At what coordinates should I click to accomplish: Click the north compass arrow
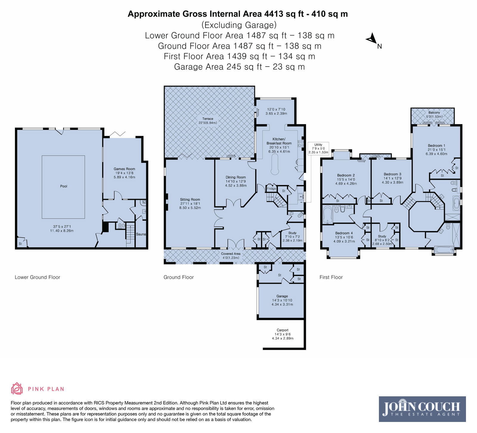[371, 39]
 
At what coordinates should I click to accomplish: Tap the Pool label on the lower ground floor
[64, 186]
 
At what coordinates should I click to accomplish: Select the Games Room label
[124, 169]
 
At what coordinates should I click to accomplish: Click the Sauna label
[141, 234]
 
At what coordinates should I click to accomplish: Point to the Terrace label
[208, 119]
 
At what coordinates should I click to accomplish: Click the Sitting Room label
[190, 199]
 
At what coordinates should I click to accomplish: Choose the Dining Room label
[236, 177]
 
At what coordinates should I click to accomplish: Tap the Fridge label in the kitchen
[271, 189]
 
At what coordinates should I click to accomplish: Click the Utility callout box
[318, 148]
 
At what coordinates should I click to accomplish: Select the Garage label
[282, 296]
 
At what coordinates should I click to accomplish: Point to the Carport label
[283, 330]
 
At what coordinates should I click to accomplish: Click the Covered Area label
[231, 254]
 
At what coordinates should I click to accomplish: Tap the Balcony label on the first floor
[434, 113]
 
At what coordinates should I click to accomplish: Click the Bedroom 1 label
[436, 146]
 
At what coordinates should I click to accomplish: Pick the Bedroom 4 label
[344, 233]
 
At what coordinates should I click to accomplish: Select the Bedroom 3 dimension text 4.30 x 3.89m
[392, 182]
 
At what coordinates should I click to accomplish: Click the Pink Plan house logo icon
[17, 389]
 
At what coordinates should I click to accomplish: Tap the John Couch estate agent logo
[422, 409]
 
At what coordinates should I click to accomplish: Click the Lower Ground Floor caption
[38, 277]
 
